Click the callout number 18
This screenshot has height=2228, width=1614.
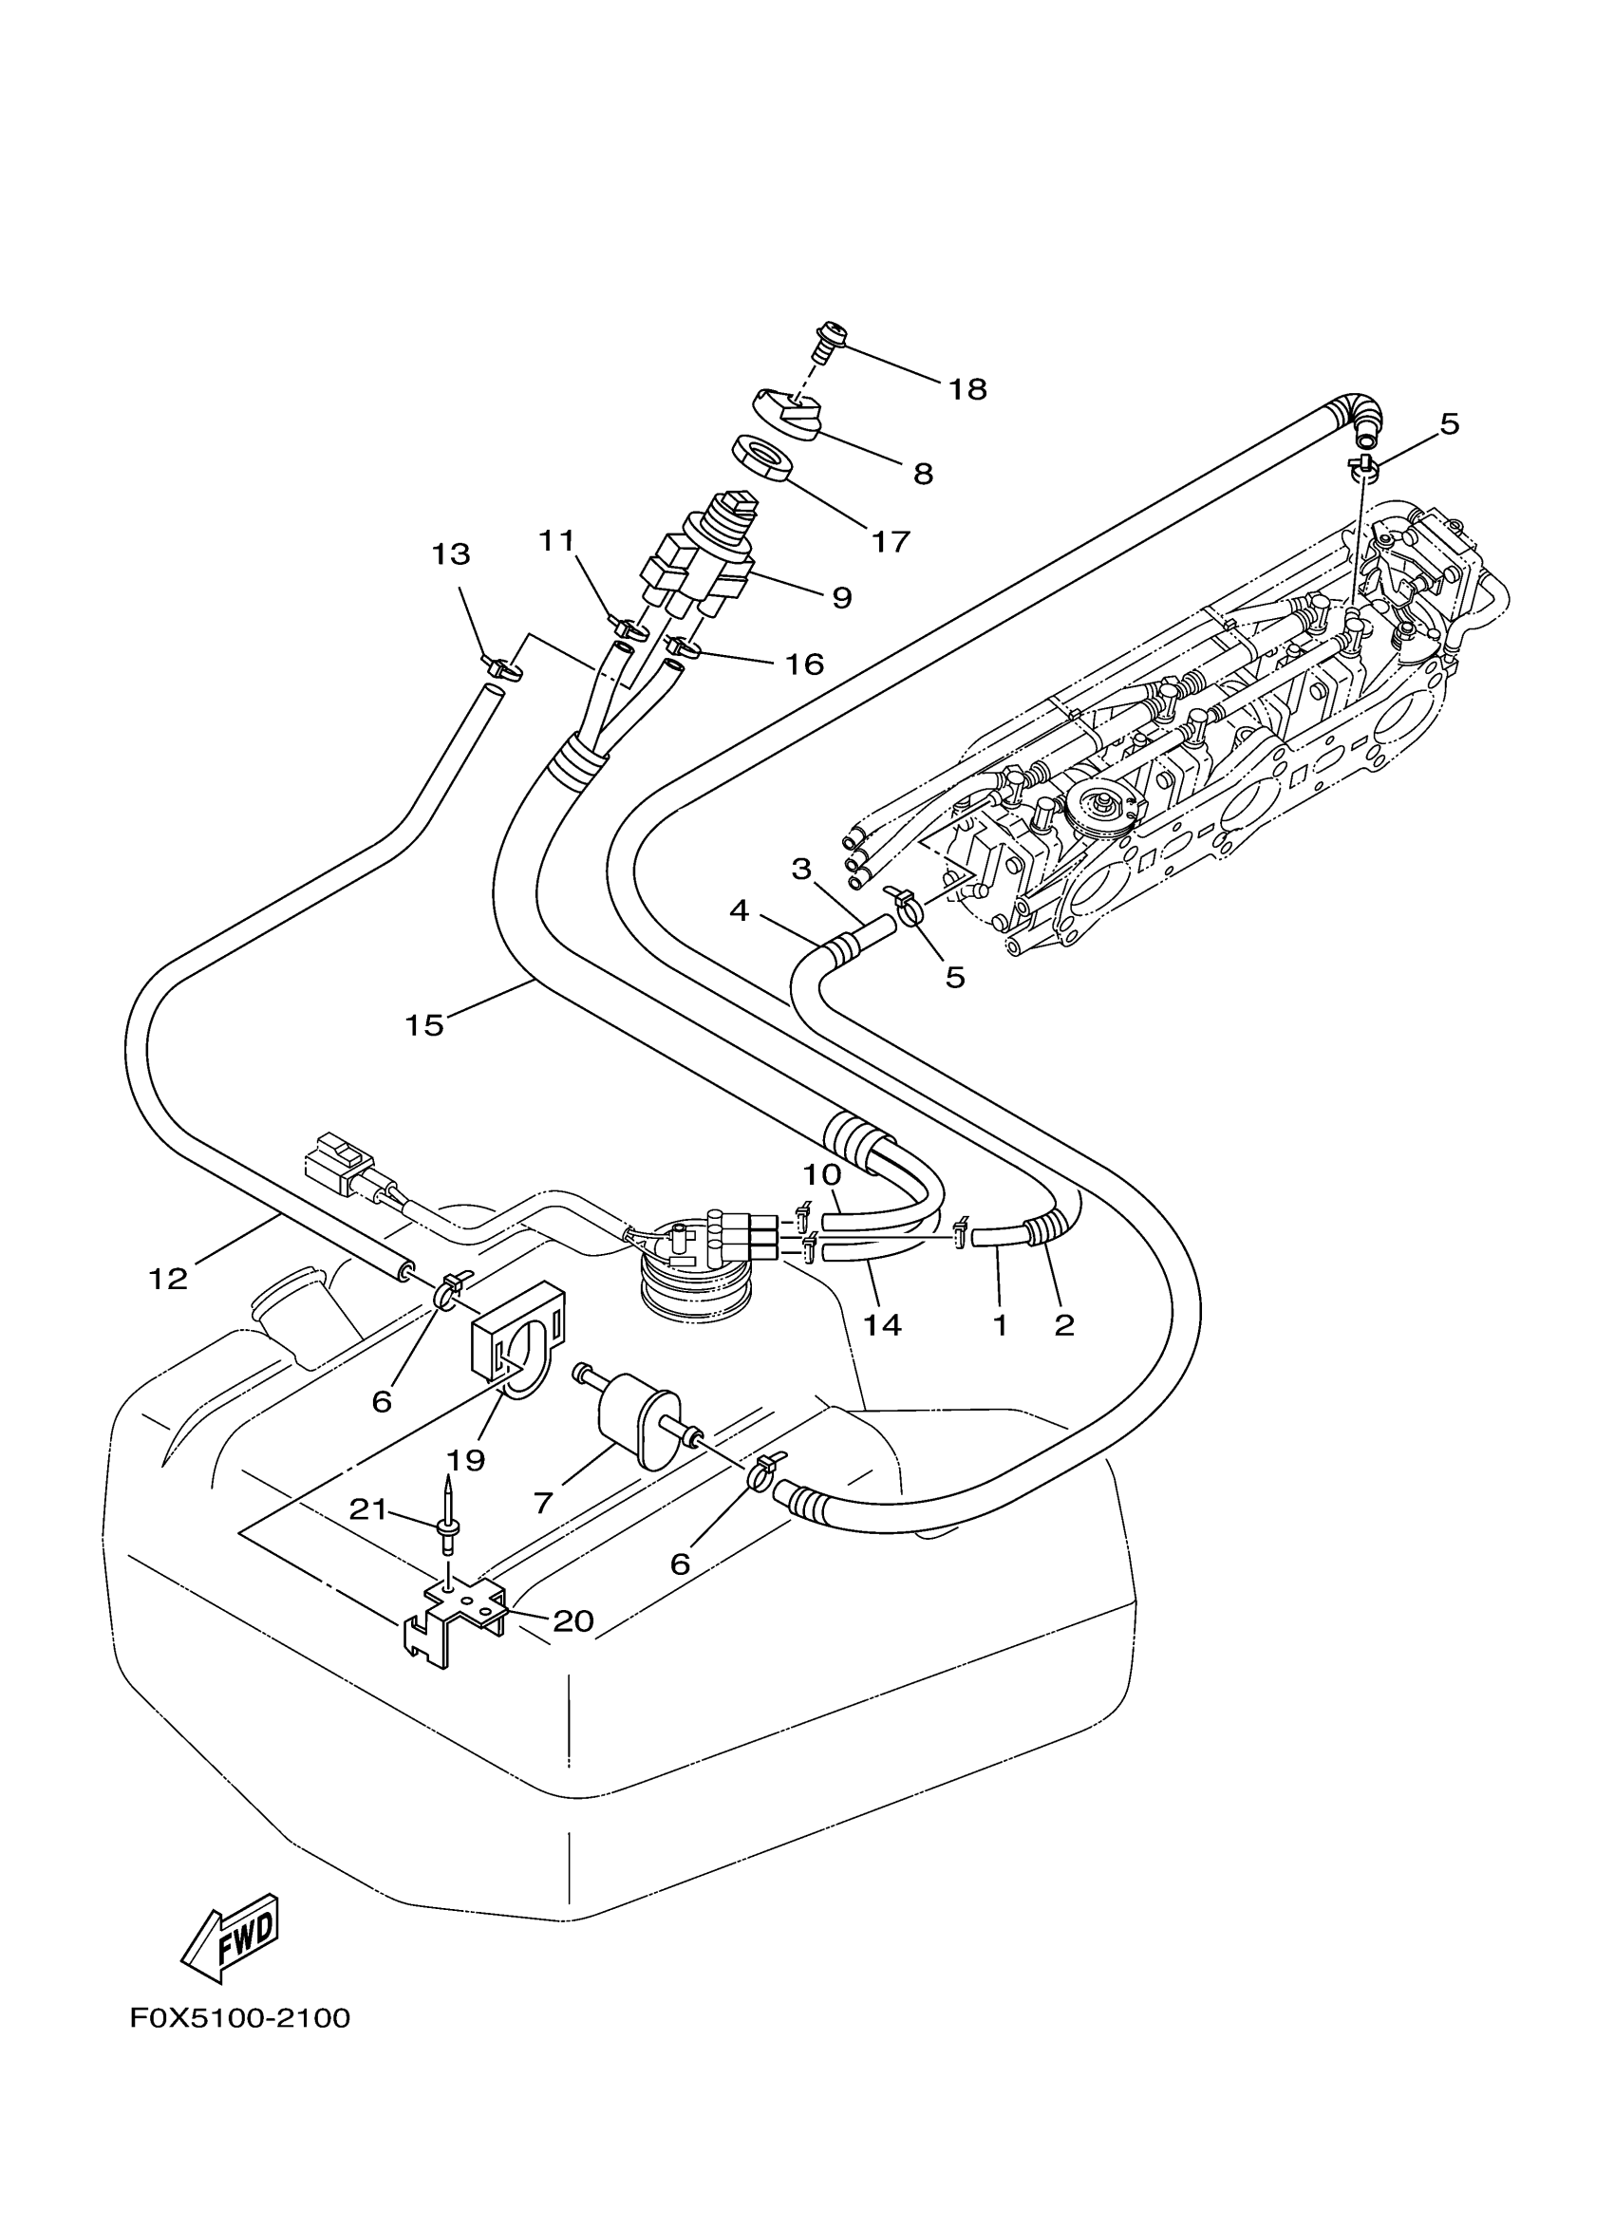[x=967, y=390]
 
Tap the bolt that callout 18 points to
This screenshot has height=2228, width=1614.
[x=828, y=341]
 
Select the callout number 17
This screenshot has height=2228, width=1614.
[x=891, y=541]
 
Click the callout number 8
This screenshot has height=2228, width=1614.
[x=923, y=475]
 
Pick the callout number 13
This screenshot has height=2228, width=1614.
[x=451, y=554]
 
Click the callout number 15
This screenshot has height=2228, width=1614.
[x=424, y=1025]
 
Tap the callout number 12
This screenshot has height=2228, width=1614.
[x=168, y=1279]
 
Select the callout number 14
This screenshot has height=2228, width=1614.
[x=881, y=1325]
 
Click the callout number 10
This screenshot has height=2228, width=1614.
[x=822, y=1174]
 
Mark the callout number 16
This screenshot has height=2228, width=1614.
[x=803, y=665]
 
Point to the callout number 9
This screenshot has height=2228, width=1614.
[x=841, y=597]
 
